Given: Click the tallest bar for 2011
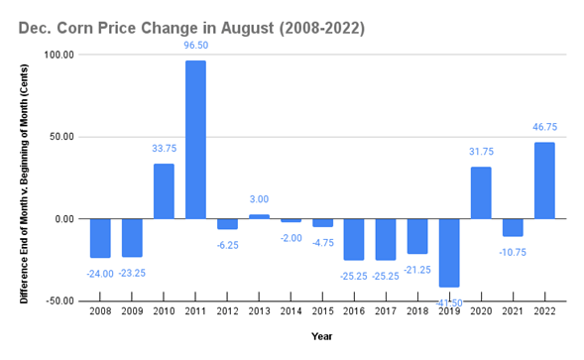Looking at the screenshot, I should coord(195,140).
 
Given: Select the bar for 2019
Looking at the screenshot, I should coord(449,253).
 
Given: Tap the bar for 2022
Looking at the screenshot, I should coord(544,180).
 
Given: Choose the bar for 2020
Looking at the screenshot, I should coord(481,192).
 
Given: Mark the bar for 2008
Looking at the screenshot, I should coord(100,238).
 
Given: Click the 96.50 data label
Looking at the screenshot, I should coord(196,45).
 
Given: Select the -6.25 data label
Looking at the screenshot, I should coord(228,244).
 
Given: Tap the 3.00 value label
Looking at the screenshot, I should coord(259,200).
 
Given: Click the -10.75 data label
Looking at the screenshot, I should coord(513,252).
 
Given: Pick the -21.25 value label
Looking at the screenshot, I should coord(417,269).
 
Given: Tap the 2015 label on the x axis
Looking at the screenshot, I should coord(322,312).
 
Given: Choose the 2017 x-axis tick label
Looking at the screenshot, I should coord(386,312).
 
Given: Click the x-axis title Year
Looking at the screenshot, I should coord(322,337).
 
